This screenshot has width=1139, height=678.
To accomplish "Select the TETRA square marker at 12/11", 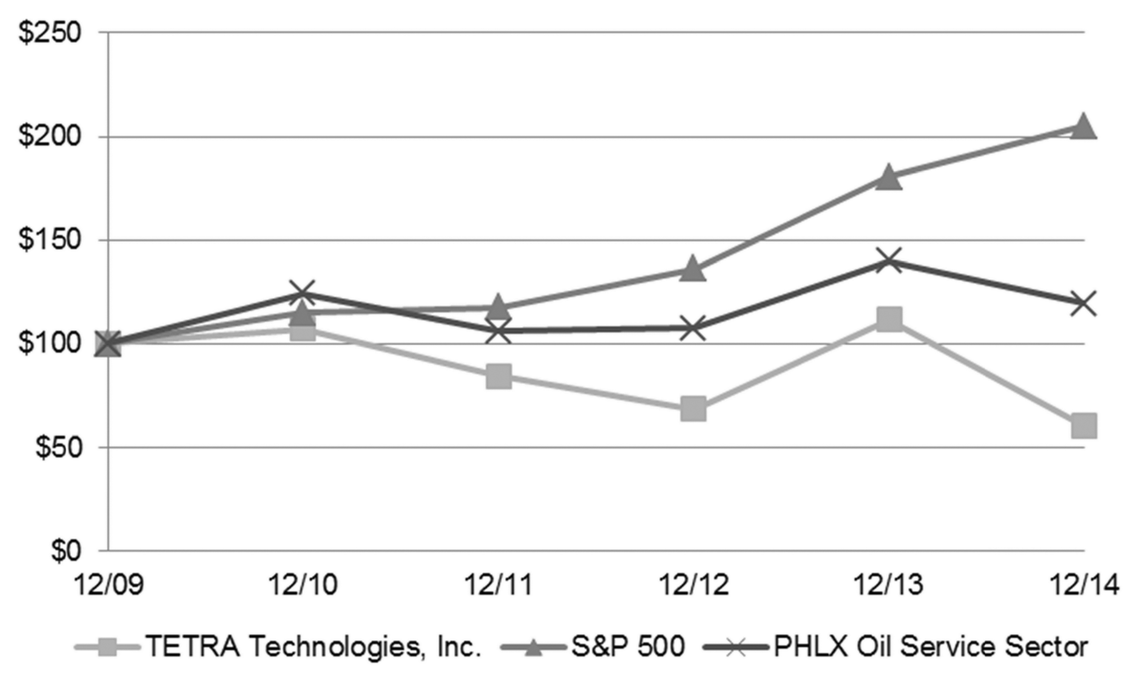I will [x=498, y=376].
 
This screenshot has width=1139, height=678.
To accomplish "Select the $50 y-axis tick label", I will [x=57, y=448].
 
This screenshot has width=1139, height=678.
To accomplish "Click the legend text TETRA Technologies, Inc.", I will [x=313, y=647].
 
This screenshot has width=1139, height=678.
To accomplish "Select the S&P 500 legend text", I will [x=628, y=647].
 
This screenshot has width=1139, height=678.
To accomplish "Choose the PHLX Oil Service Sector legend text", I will [x=930, y=647].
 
